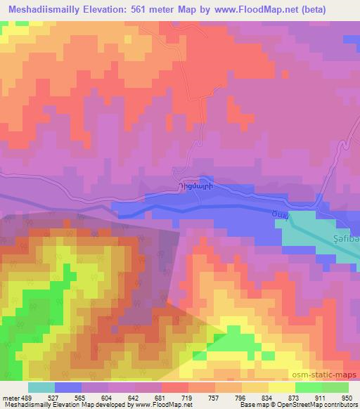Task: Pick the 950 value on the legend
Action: pos(344,397)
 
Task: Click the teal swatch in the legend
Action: pos(41,387)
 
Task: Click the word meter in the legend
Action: pos(9,397)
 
